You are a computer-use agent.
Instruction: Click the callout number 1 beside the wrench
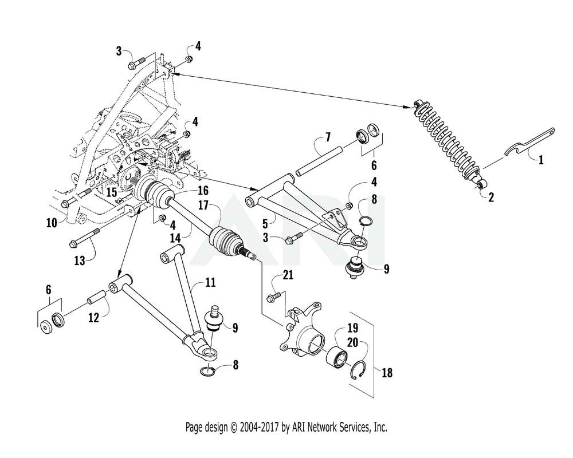(x=541, y=160)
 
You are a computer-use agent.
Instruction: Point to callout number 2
(x=491, y=197)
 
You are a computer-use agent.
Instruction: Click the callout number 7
(x=328, y=137)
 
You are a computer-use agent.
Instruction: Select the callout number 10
(x=52, y=223)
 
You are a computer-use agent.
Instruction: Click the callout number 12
(x=93, y=317)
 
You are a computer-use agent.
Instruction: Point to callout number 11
(x=210, y=282)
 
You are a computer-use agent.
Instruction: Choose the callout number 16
(x=203, y=190)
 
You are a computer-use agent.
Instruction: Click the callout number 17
(x=203, y=206)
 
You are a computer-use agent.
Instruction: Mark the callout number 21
(x=288, y=275)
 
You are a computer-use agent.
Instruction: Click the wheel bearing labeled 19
(x=337, y=356)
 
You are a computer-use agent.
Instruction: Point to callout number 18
(x=387, y=373)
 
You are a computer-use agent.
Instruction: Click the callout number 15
(x=111, y=192)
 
